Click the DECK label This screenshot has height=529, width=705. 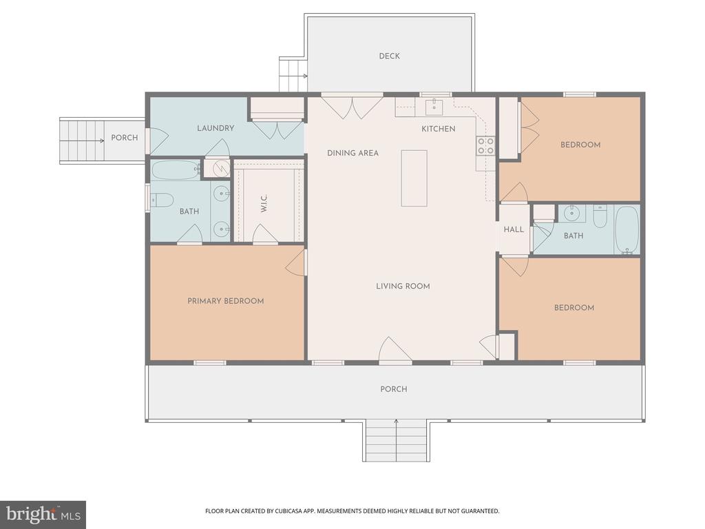point(389,56)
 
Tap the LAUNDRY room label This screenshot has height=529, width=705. point(215,128)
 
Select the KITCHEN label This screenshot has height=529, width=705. point(438,129)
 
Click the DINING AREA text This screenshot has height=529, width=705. point(352,153)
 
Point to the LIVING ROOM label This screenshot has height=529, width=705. point(403,286)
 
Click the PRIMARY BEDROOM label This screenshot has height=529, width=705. point(226,301)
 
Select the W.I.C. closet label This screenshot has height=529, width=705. point(264,204)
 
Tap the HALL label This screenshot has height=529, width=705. point(514,229)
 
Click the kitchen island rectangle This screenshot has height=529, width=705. point(414,178)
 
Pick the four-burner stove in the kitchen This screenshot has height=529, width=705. point(485,145)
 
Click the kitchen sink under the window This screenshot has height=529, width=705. point(434,107)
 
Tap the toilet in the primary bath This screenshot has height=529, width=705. point(162,200)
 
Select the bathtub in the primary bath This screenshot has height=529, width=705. point(176,170)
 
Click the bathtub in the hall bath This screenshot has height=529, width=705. point(627,229)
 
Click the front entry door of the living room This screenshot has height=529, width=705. point(395,351)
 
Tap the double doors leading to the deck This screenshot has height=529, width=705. point(352,107)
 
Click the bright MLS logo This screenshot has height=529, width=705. point(43,514)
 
